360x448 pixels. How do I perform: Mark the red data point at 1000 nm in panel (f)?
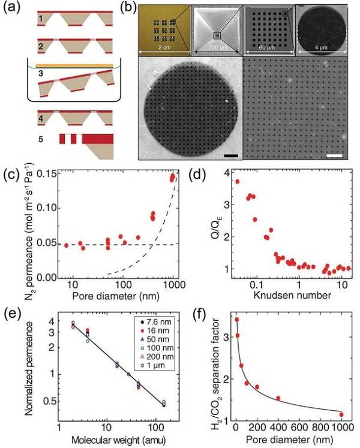tap(341, 414)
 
